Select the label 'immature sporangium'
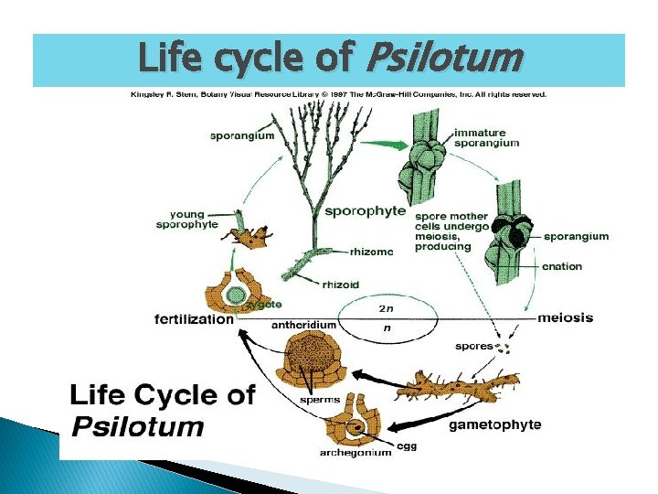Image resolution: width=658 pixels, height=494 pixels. (x=487, y=138)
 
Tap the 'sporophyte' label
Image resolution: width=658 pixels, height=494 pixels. (x=365, y=210)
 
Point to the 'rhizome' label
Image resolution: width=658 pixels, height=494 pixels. (x=371, y=251)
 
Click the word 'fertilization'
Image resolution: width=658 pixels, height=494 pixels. (x=194, y=319)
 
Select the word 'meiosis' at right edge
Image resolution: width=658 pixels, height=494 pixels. (x=565, y=317)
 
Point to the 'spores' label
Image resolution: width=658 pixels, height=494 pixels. (x=473, y=346)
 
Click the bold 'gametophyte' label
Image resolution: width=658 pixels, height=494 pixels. (x=494, y=424)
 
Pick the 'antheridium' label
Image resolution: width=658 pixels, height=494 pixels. (x=304, y=325)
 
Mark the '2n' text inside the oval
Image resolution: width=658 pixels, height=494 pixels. (x=387, y=308)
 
